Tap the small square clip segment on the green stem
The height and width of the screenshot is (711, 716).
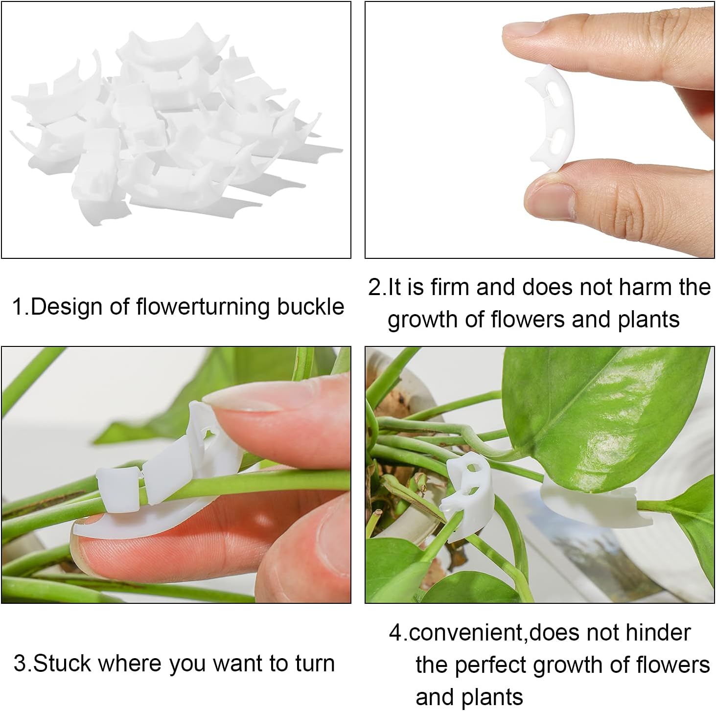118,489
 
